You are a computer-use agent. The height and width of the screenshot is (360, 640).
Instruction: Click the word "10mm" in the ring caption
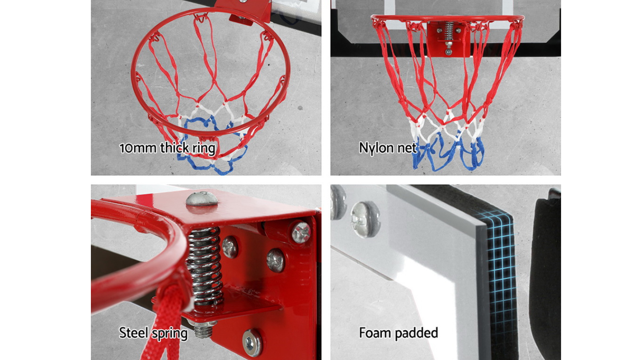[138, 148]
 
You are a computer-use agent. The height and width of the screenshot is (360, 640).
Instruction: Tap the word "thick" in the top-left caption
[174, 148]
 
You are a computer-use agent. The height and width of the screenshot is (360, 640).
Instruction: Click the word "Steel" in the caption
[134, 333]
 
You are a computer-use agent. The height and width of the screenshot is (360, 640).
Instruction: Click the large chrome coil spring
[204, 266]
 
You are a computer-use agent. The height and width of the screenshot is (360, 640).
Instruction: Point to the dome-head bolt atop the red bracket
[202, 199]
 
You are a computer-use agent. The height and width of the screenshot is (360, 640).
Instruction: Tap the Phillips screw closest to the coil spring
[230, 247]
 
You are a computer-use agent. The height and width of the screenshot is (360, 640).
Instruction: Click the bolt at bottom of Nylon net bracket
[448, 52]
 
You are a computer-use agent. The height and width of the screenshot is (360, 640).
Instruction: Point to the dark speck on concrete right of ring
[300, 108]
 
